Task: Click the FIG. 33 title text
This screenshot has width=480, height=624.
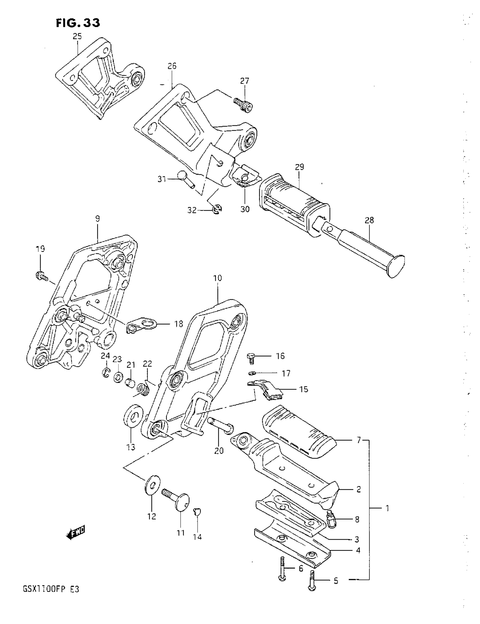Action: click(x=78, y=23)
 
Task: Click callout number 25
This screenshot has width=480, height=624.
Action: click(x=77, y=36)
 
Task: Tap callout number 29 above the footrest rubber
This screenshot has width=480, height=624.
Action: click(x=299, y=167)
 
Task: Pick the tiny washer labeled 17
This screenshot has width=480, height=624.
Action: click(x=251, y=373)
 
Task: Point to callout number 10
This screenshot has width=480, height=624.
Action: click(x=217, y=278)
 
